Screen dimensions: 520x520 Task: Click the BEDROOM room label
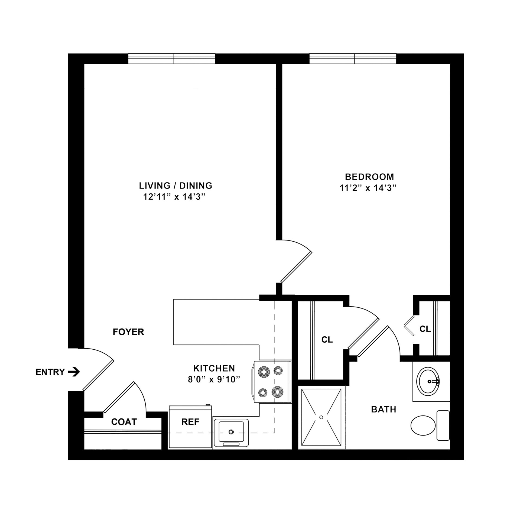click(369, 177)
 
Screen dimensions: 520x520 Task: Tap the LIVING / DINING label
click(175, 186)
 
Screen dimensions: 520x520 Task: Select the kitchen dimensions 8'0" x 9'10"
click(214, 379)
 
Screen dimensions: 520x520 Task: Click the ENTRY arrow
click(74, 372)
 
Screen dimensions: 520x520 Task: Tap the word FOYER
click(128, 332)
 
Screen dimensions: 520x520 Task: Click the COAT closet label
click(124, 422)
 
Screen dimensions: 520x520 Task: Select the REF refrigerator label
click(190, 422)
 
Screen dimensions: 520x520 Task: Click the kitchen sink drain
click(231, 431)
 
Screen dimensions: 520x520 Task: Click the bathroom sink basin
click(428, 381)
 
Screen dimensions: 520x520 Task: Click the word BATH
click(383, 409)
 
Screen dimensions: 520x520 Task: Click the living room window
click(171, 59)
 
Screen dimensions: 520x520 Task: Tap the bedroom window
click(353, 59)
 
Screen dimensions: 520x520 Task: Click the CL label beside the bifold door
click(425, 329)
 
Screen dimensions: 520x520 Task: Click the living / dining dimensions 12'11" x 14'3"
click(173, 197)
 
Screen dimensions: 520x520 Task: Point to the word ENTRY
click(50, 372)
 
